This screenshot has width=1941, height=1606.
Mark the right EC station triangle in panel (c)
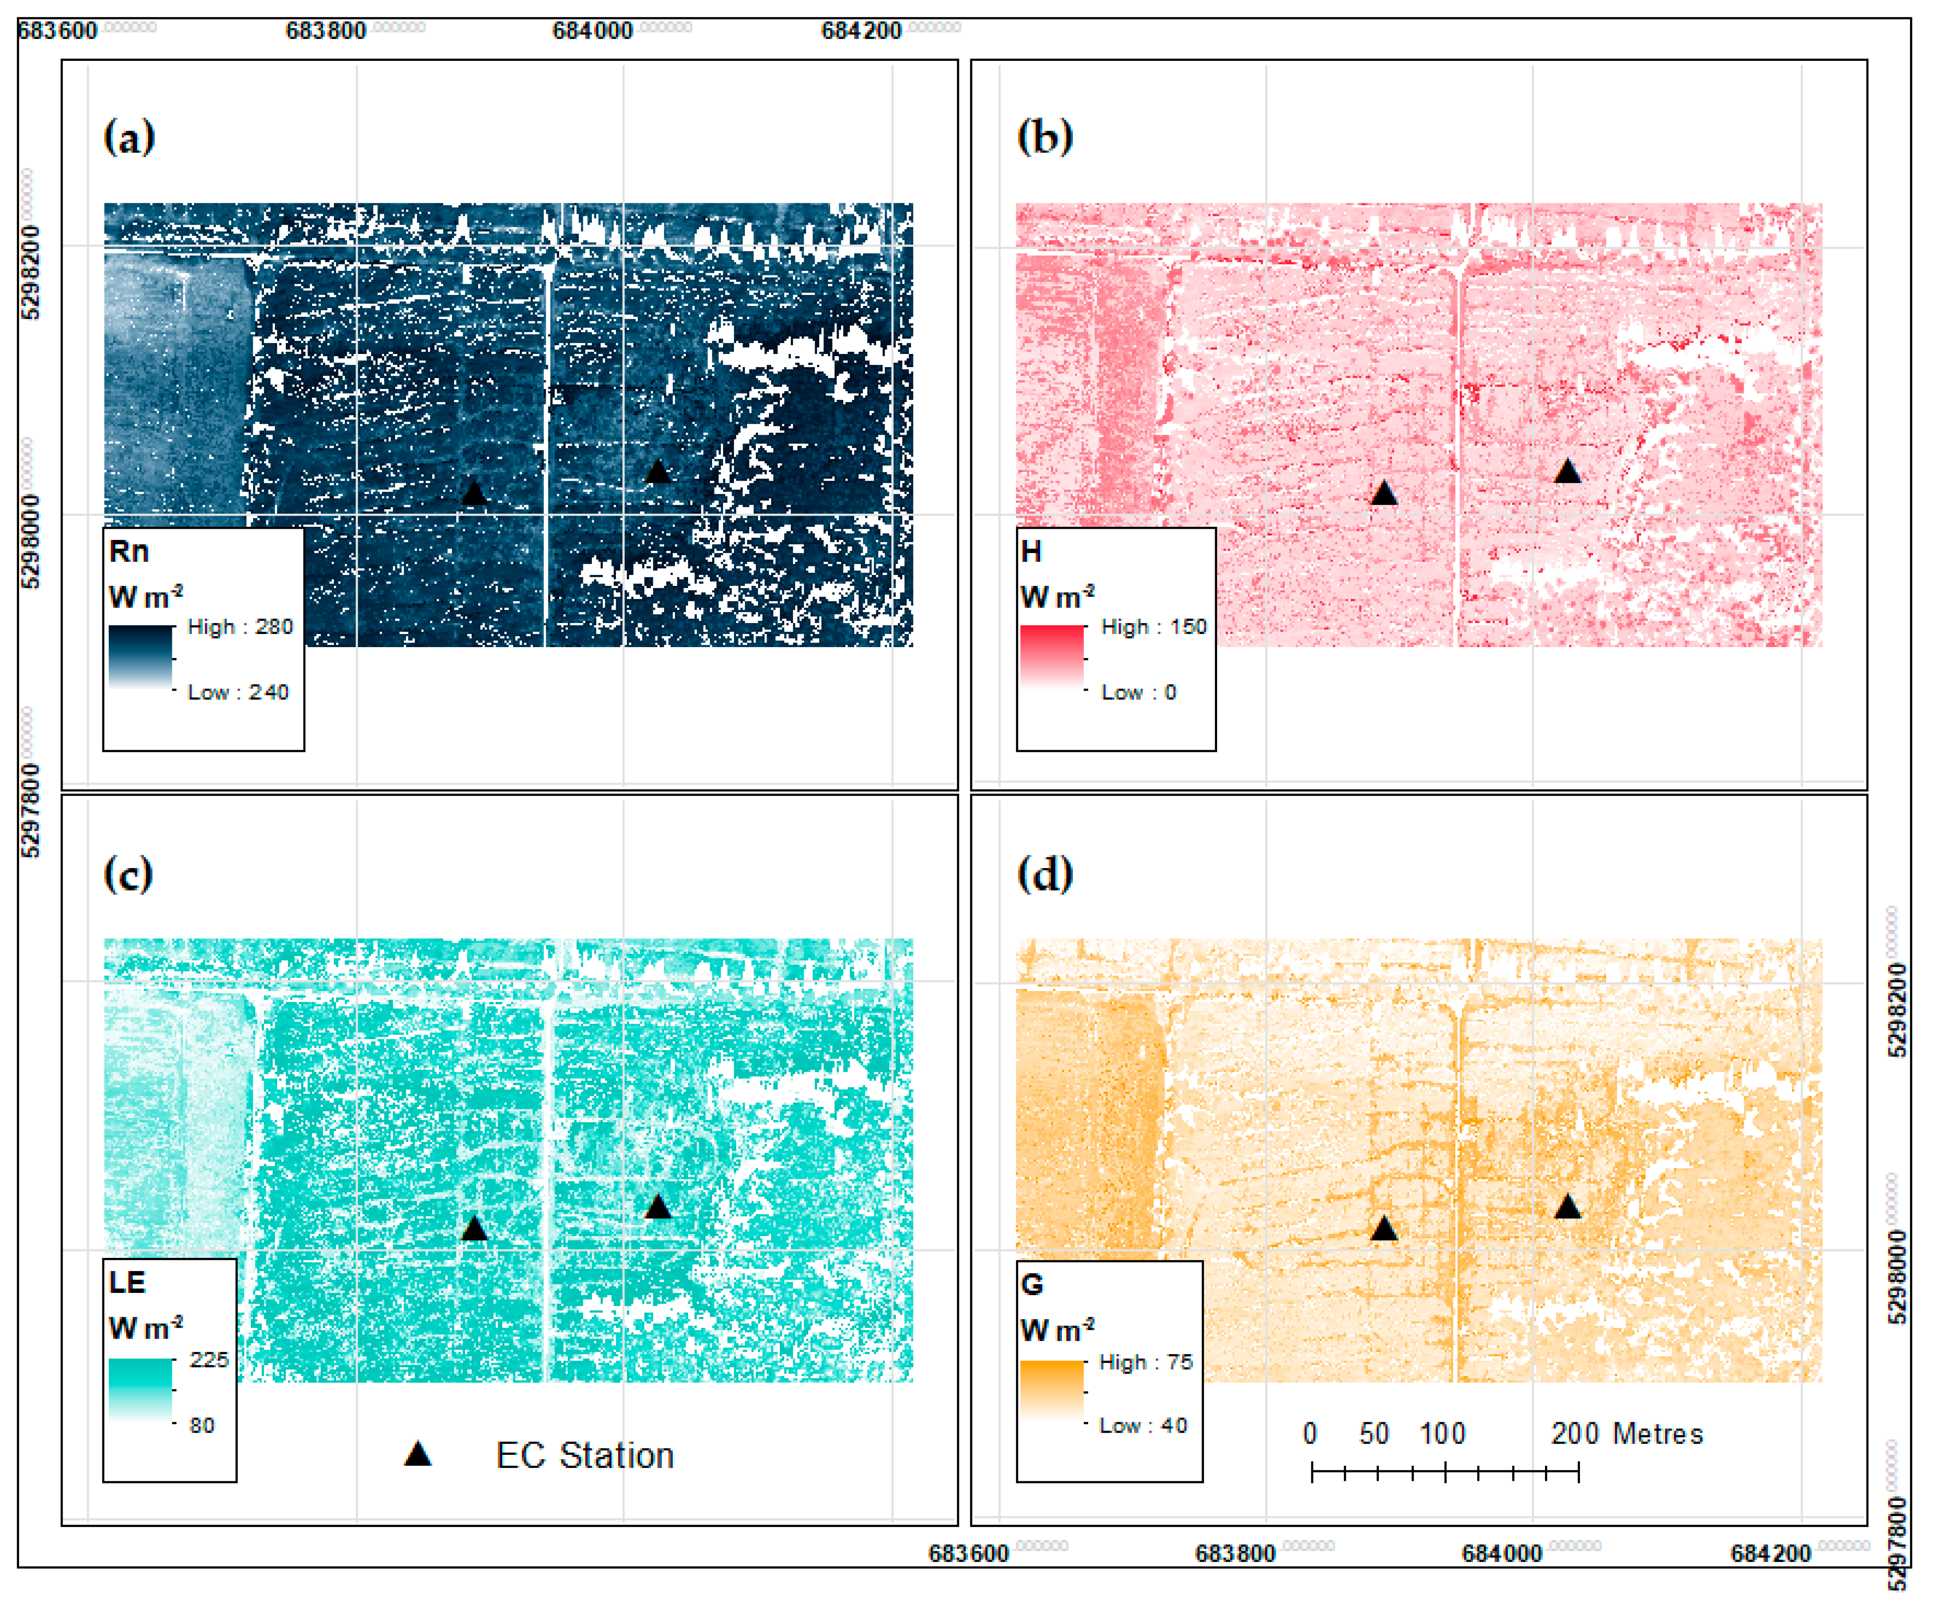657,1208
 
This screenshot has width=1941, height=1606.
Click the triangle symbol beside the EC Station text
418,1454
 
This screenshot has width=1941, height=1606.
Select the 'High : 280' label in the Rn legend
240,627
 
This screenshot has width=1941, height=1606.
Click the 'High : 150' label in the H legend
1154,627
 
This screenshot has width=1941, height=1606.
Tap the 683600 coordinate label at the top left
57,30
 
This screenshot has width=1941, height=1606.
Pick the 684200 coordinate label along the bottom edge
1770,1553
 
